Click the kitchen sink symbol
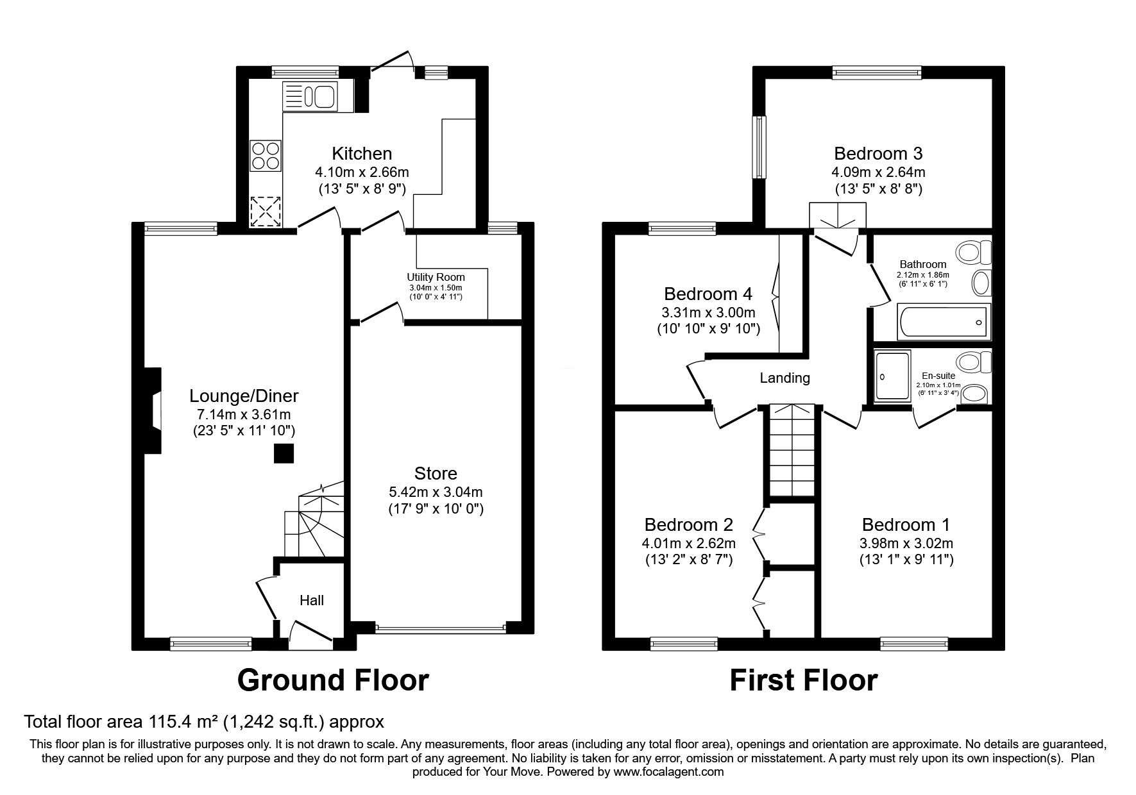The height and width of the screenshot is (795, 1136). point(310,97)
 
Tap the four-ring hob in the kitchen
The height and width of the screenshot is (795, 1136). point(266,156)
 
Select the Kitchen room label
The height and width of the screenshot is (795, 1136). point(362,154)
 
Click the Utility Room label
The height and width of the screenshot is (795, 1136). point(436,277)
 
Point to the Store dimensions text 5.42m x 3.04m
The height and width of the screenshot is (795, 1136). point(436,492)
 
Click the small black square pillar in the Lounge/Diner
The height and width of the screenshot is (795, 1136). point(284,453)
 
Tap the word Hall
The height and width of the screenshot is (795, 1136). point(312,601)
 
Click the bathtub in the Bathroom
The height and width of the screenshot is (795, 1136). point(943,321)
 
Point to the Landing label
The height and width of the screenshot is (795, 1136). point(784,378)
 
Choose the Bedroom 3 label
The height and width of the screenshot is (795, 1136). point(878,154)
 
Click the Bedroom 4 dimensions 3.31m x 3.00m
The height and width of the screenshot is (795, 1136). point(708,313)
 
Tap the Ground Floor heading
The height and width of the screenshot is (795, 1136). point(333,680)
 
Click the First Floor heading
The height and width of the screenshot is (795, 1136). point(803,680)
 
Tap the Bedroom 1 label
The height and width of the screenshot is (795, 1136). point(906,525)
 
